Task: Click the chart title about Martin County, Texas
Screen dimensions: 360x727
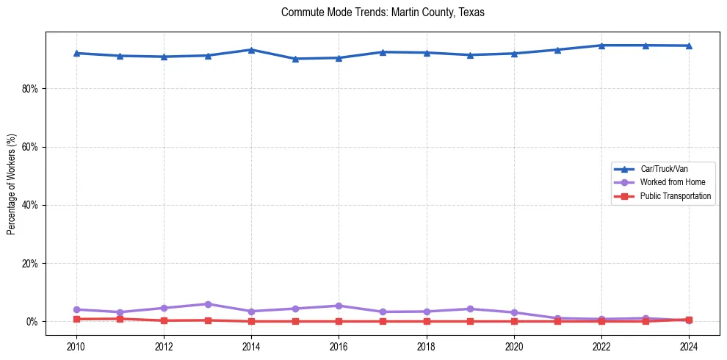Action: click(383, 12)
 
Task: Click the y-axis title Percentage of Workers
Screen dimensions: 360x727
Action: click(11, 184)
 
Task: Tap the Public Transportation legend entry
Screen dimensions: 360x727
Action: click(675, 196)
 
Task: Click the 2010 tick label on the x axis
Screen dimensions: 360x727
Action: click(76, 345)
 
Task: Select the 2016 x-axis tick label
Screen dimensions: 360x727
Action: click(339, 345)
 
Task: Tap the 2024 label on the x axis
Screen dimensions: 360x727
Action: click(689, 345)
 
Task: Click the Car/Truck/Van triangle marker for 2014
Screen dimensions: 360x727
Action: click(251, 50)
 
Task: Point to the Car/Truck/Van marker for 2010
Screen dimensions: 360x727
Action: click(76, 53)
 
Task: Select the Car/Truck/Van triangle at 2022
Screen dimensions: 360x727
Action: click(601, 46)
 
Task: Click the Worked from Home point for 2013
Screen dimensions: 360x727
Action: click(208, 304)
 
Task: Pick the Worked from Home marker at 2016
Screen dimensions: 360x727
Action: click(339, 306)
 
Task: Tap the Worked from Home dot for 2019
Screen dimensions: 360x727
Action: click(470, 309)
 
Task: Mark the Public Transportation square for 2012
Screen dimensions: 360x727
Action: click(164, 320)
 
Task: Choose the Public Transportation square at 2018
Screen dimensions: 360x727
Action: click(427, 321)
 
